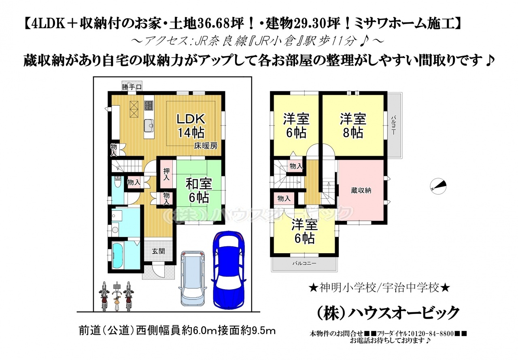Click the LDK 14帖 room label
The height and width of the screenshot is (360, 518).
191,126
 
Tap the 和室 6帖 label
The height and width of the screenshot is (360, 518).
199,191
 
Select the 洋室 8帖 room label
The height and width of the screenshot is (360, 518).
353,126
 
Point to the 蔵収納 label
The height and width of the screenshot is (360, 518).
361,191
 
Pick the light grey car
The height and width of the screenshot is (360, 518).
193,278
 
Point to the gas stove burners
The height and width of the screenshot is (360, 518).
149,106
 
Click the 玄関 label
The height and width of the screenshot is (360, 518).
158,251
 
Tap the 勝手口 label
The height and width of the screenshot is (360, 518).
132,87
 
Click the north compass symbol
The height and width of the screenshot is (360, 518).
438,186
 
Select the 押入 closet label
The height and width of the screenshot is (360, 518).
166,174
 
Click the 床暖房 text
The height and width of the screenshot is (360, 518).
206,146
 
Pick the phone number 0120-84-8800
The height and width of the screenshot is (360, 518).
430,333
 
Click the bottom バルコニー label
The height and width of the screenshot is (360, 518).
304,263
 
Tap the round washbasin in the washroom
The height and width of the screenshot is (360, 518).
115,230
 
